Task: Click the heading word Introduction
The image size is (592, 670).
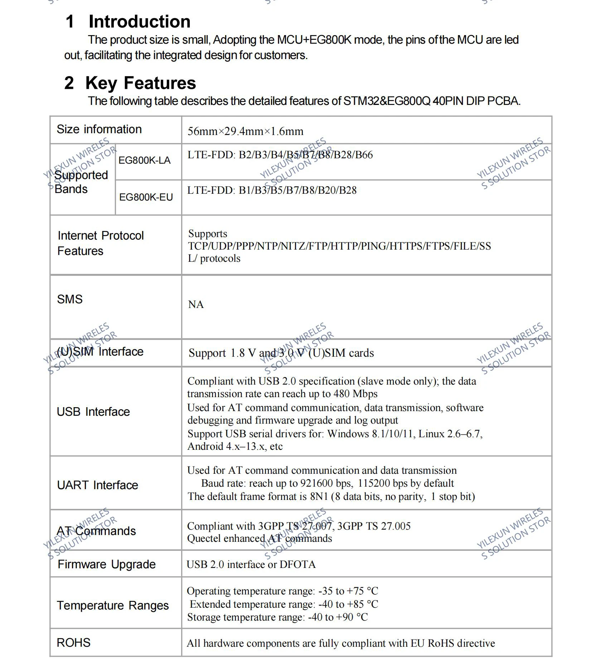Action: point(139,21)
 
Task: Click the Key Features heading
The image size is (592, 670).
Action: point(140,83)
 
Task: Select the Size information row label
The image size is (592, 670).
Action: point(99,129)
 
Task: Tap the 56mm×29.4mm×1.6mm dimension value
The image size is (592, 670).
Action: point(245,131)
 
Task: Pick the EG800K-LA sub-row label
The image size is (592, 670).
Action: point(144,160)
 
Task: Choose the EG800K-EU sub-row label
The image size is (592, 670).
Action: point(146,197)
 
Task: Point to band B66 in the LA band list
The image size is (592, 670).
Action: point(364,155)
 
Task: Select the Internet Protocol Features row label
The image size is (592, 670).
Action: point(101,243)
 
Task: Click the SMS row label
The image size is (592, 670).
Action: point(70,299)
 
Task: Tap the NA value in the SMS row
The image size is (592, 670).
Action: point(196,304)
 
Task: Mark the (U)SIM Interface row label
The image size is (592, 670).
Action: point(100,352)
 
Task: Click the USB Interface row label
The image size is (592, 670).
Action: point(93,412)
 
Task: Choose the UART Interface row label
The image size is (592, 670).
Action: point(97,485)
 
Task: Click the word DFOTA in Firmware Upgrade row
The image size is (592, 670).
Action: point(297,565)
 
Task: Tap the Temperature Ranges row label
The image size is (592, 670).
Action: point(113,606)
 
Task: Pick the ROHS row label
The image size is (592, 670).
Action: point(74,643)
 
